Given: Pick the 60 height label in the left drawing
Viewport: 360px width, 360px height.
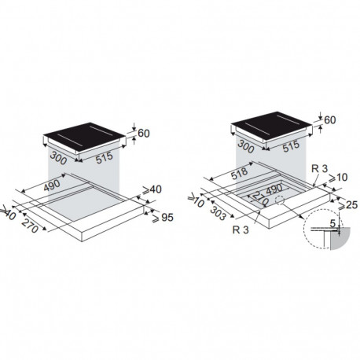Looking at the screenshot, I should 144,134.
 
